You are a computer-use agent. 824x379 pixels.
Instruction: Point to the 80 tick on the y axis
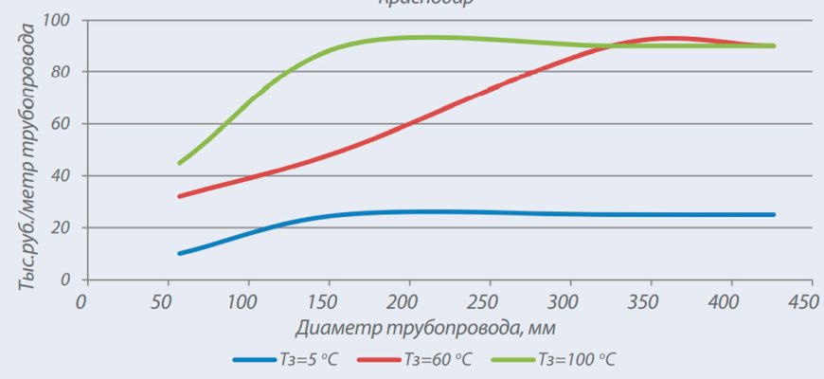(66, 72)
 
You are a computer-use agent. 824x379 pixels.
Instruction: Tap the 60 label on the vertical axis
(66, 124)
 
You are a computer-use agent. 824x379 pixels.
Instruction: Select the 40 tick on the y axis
(66, 176)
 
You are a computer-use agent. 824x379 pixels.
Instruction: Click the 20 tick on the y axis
(66, 228)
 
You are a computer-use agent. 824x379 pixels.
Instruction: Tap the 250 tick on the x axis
(489, 301)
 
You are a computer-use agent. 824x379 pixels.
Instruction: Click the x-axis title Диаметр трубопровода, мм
(424, 328)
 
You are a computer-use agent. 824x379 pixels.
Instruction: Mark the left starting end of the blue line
(179, 253)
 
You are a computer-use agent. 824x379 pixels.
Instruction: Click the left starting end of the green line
(179, 163)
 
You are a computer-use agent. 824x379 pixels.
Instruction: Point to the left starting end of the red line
(179, 196)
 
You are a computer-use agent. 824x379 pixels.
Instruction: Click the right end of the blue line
(773, 215)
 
